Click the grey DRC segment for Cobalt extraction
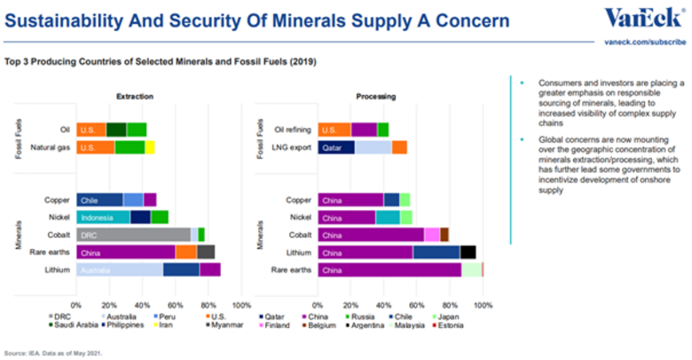point(133,234)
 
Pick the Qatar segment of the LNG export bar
point(336,147)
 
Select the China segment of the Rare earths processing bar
point(390,269)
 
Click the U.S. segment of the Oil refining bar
point(334,129)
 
